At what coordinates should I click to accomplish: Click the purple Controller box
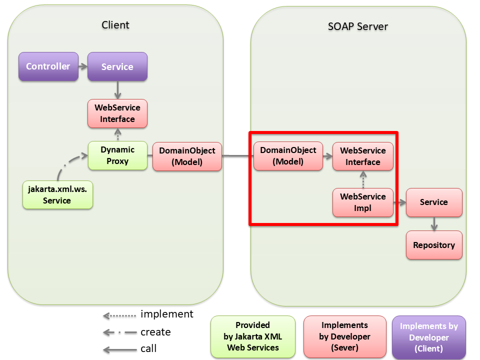tap(48, 66)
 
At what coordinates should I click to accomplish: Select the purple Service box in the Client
tap(117, 66)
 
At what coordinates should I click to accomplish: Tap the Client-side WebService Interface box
tap(117, 113)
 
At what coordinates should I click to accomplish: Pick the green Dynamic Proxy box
tap(117, 155)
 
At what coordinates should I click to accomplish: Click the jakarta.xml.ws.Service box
tap(57, 194)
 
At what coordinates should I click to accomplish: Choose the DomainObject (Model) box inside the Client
tap(187, 156)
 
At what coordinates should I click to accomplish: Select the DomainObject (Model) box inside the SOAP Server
tap(288, 156)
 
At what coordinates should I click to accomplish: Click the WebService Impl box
tap(363, 202)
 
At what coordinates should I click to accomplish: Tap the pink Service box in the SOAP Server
tap(434, 202)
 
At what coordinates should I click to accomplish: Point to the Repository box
tap(434, 245)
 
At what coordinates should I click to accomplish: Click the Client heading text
tap(115, 25)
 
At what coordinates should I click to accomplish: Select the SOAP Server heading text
tap(357, 26)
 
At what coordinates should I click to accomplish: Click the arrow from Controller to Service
tap(83, 66)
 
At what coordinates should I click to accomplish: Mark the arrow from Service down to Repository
tap(434, 223)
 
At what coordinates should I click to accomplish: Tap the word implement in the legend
tap(166, 314)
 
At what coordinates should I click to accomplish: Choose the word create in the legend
tap(155, 332)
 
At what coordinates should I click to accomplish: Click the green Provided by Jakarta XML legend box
tap(252, 336)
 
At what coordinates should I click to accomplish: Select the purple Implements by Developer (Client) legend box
tap(428, 337)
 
